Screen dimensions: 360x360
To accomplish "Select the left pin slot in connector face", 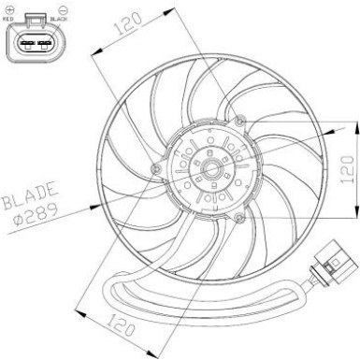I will [24, 42].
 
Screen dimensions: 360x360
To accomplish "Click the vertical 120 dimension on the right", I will [348, 168].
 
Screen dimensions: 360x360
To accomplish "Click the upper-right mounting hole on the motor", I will [242, 122].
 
